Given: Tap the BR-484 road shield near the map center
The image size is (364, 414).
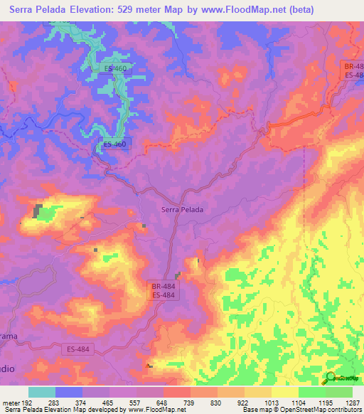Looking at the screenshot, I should [x=163, y=285].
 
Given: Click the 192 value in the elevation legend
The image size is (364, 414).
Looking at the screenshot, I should [x=27, y=402].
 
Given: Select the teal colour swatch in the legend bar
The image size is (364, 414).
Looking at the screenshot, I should [x=41, y=392].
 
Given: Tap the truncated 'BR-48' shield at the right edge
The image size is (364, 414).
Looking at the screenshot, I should [x=354, y=65].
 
